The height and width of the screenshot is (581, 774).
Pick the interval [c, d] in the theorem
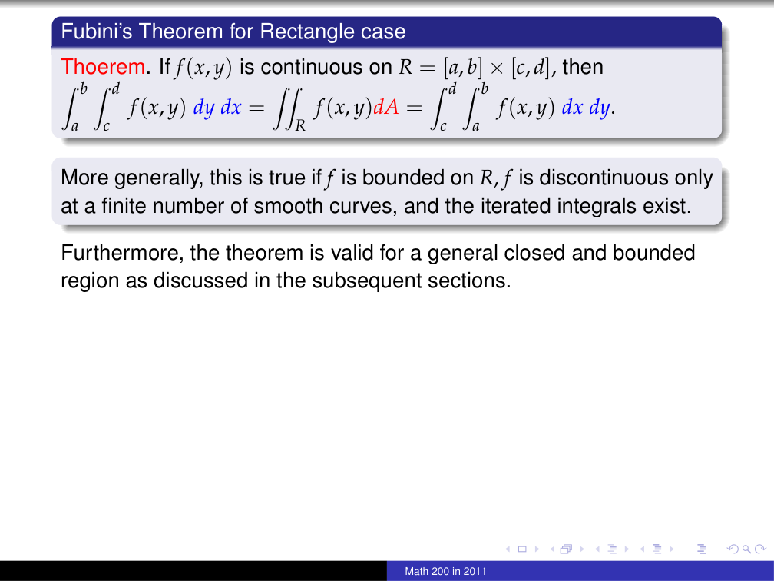532,68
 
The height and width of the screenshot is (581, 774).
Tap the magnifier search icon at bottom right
745,549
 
